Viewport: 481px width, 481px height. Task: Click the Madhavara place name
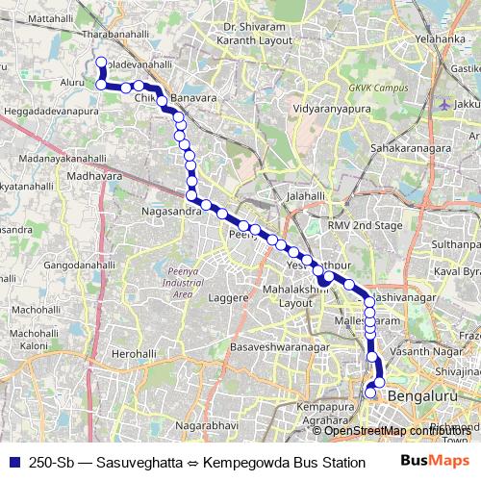click(95, 176)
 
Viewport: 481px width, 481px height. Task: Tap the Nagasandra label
click(168, 212)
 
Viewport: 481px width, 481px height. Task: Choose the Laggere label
click(230, 299)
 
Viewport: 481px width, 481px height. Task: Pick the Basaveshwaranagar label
click(280, 345)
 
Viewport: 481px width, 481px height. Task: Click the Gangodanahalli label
click(79, 264)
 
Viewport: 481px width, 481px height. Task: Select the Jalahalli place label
click(307, 194)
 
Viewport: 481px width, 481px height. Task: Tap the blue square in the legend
click(13, 462)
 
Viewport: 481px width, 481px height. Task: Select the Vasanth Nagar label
click(421, 353)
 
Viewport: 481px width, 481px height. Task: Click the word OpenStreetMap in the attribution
click(364, 431)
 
